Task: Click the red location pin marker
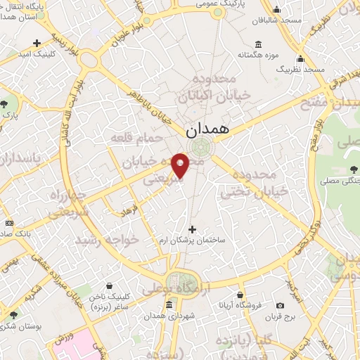pos(181,165)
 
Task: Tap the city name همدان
pos(207,131)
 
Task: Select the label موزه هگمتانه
pos(258,54)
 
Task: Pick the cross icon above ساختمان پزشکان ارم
pos(193,229)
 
